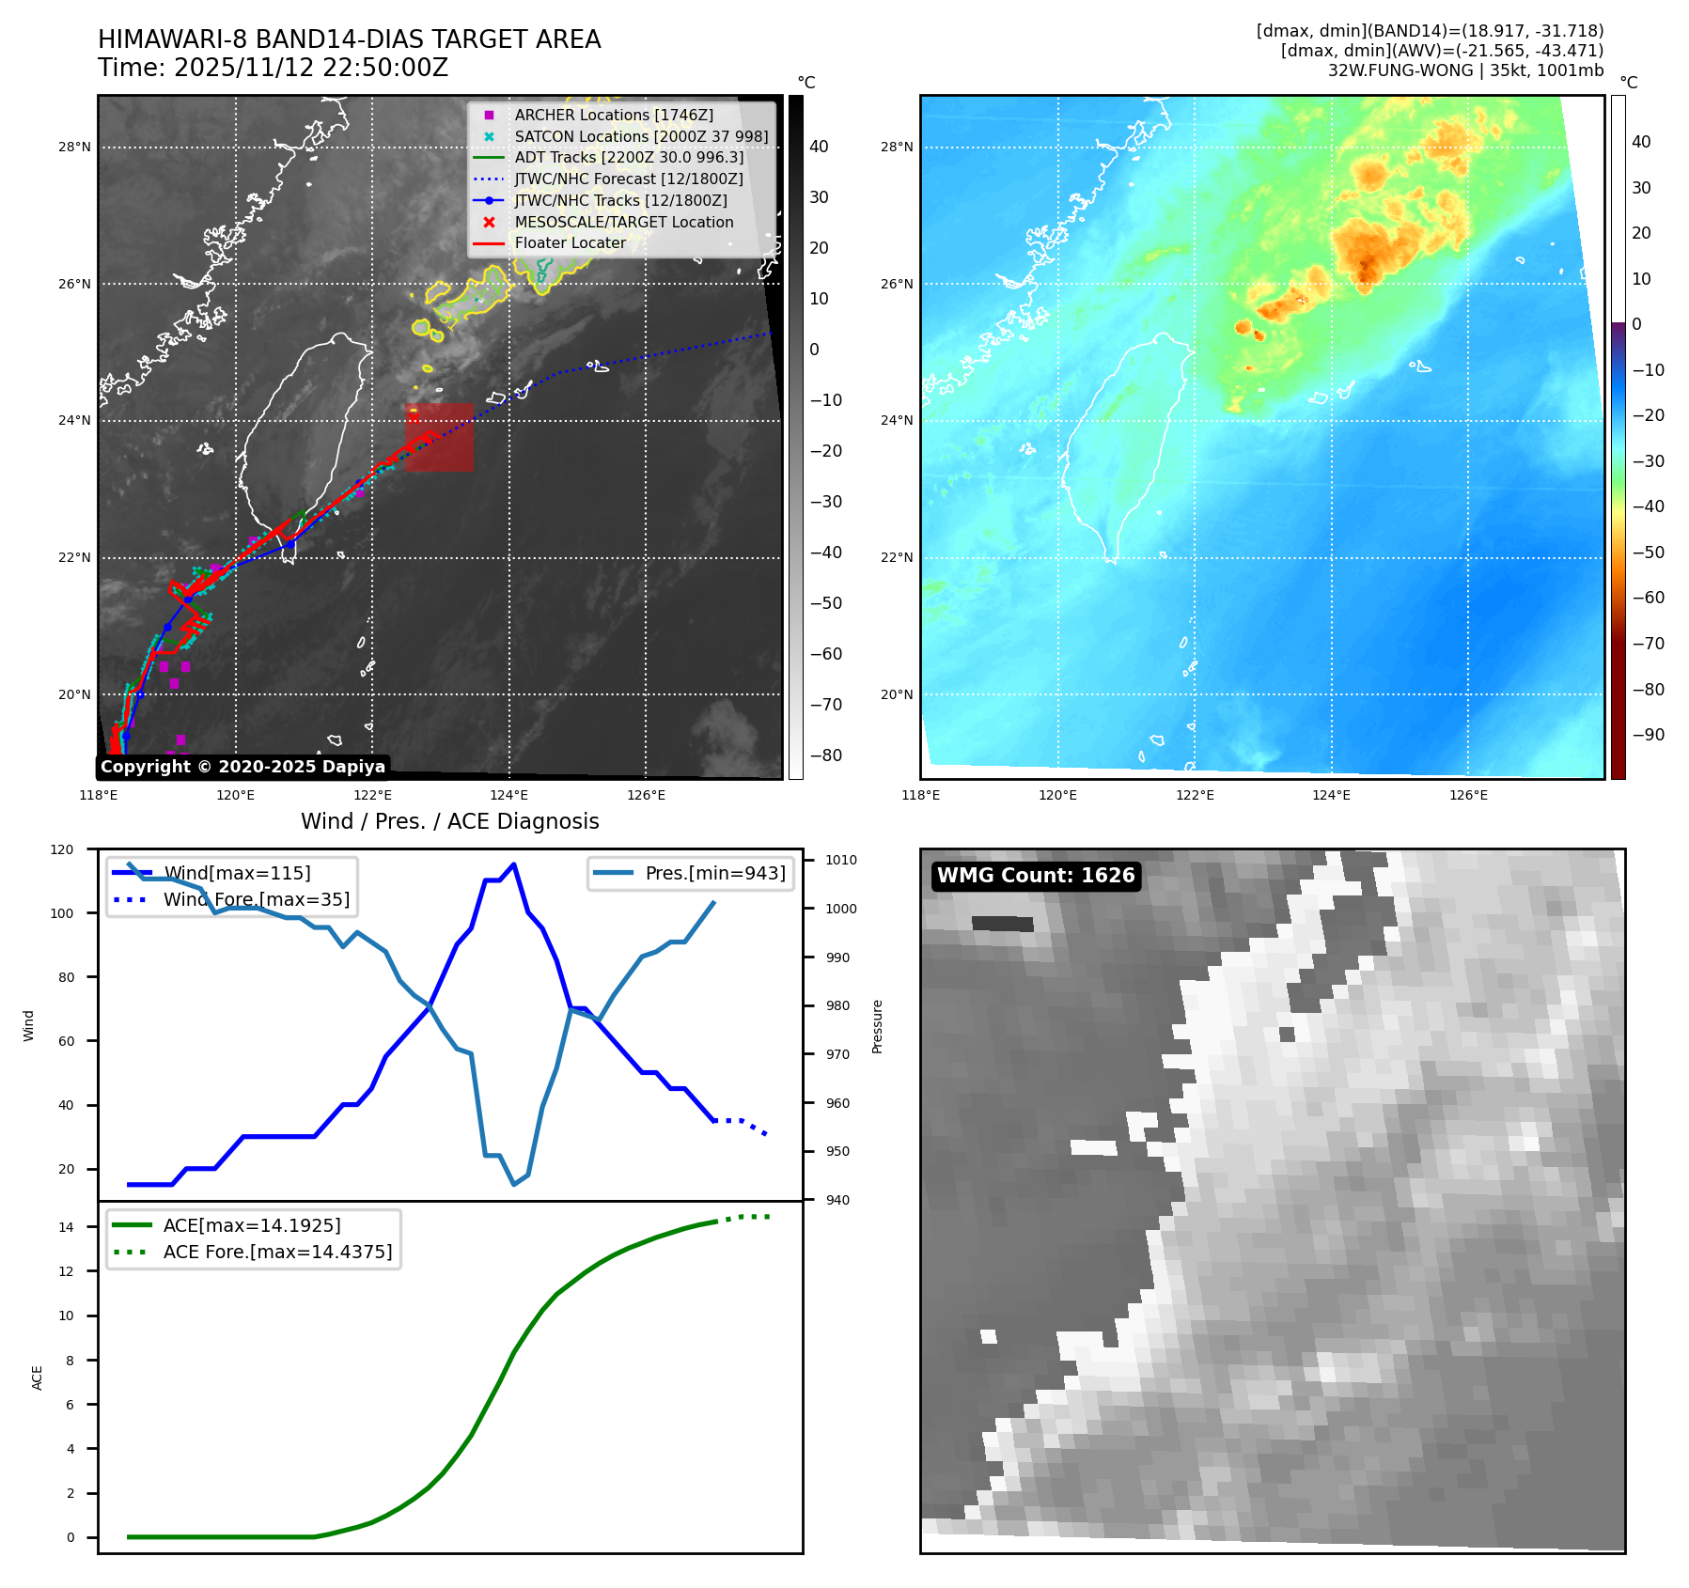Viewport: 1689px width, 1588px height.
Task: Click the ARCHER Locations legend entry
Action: pos(613,115)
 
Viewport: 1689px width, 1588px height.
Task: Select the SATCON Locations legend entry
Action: pos(640,136)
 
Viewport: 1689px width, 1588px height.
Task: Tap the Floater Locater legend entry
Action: pos(570,242)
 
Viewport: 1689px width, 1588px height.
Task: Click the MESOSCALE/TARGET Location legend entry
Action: pos(623,222)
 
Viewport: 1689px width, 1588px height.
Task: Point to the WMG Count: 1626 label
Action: pos(1036,876)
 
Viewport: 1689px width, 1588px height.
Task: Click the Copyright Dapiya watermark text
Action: pos(242,767)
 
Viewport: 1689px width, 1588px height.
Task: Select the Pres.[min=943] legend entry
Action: pos(714,873)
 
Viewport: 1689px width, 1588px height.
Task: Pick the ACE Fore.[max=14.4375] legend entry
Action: pos(277,1252)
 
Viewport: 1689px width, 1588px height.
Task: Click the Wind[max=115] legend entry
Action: pos(236,873)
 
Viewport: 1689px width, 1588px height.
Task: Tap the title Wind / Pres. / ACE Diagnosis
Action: pos(449,821)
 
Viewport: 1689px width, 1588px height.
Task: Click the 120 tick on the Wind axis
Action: pos(62,849)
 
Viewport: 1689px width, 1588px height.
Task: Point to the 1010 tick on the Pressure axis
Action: pos(841,860)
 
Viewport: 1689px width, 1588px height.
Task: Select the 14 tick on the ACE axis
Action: pos(67,1226)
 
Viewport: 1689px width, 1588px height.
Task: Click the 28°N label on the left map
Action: pos(74,148)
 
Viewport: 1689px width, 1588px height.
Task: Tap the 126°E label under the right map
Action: pos(1468,795)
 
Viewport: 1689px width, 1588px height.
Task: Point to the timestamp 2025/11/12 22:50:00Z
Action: pos(310,68)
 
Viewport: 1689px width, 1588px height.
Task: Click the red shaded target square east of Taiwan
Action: pos(439,437)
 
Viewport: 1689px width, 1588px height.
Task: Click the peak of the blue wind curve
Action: pos(513,864)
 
